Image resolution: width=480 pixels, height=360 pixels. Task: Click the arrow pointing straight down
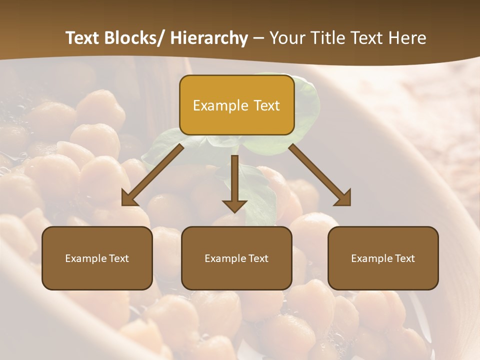234,182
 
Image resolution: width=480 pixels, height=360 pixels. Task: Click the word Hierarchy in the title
209,38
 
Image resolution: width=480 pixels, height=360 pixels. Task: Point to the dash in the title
258,38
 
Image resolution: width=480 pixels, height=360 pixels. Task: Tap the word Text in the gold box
266,105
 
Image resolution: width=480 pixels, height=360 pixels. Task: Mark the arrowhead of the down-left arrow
129,198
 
